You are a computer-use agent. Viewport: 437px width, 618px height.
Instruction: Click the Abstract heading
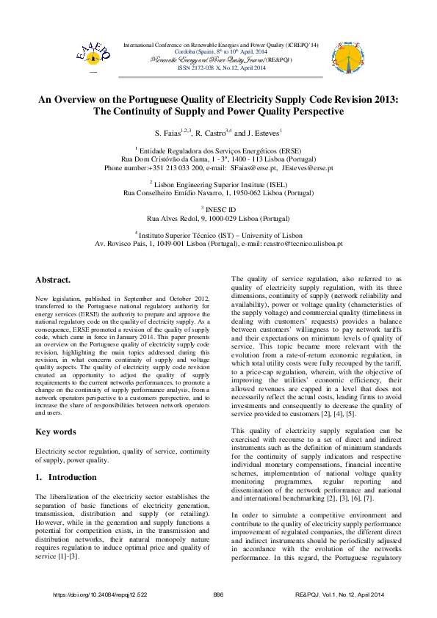53,280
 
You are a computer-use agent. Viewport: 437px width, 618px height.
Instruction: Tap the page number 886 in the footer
218,594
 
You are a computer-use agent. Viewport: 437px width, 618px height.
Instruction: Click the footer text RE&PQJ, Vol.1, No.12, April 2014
344,594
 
